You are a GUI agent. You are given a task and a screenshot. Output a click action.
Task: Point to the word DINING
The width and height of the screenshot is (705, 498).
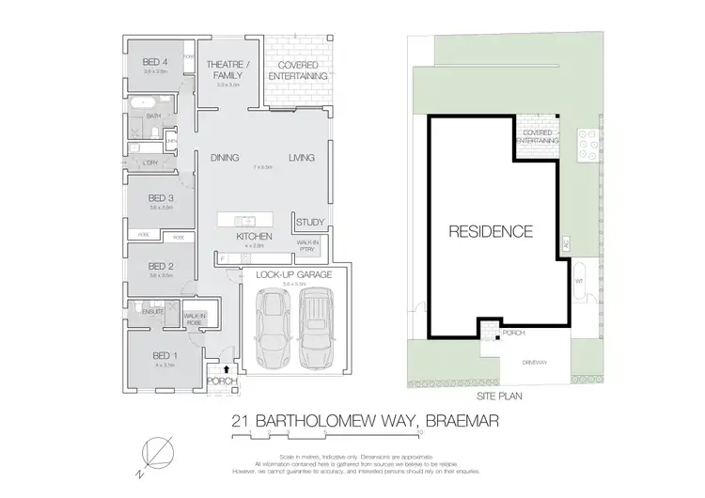pos(224,158)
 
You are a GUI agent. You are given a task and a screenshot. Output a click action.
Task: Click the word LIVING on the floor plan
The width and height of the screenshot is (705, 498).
pos(301,158)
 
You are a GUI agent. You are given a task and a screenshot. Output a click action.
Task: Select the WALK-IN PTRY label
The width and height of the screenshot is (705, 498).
pos(307,244)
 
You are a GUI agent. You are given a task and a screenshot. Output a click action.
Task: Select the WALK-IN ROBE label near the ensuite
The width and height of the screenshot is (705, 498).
pos(195,319)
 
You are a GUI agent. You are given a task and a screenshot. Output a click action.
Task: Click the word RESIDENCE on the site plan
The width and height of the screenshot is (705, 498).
pos(490,231)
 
